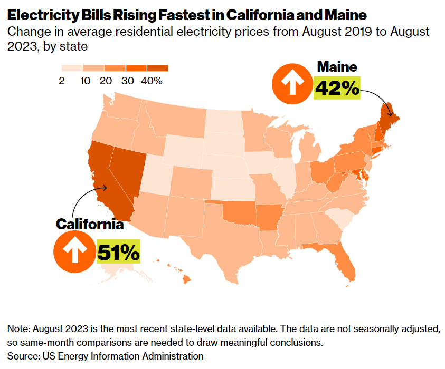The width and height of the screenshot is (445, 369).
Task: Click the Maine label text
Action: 337,67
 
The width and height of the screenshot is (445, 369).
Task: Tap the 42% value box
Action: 337,88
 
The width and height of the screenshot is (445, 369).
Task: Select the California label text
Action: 90,224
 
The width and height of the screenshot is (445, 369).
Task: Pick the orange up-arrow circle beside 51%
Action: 73,251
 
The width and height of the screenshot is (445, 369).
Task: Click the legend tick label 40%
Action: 152,81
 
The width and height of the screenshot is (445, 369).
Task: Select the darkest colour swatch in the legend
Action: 157,68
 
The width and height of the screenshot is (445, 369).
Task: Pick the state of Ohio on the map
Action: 320,171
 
